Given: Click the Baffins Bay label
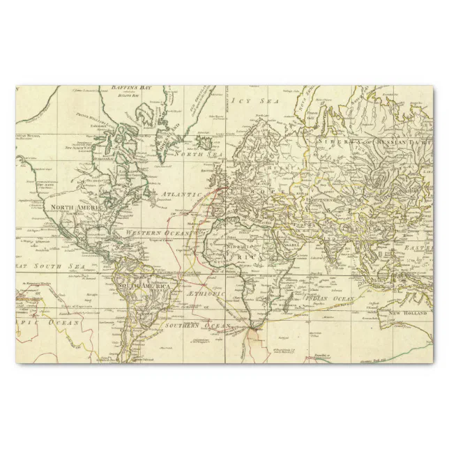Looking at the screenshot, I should click(131, 89).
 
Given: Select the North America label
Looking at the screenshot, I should click(75, 207).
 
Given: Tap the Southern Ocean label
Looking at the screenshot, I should click(192, 326).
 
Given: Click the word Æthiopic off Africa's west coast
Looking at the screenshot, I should click(206, 294).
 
